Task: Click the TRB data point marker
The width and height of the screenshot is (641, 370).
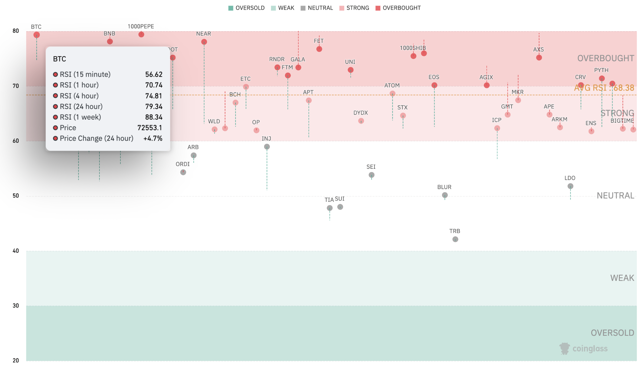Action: (455, 239)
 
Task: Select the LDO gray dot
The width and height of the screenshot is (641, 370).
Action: (570, 186)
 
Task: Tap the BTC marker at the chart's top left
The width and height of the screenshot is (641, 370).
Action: (37, 35)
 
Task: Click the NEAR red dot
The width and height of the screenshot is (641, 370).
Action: (204, 42)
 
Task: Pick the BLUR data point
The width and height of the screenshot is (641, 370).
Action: (445, 195)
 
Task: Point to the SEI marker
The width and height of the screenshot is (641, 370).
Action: (371, 175)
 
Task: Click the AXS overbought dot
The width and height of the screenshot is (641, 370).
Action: (539, 58)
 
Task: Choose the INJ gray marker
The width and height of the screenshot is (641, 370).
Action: (267, 147)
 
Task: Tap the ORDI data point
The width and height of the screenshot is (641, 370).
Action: (183, 172)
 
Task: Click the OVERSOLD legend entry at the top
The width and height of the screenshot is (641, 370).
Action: (247, 8)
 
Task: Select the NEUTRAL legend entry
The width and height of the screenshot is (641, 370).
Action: (317, 8)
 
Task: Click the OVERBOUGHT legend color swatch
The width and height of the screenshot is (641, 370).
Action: (378, 8)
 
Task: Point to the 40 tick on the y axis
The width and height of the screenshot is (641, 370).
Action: (16, 251)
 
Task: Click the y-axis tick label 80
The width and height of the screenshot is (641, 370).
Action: (16, 31)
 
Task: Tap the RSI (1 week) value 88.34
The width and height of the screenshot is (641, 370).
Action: (154, 117)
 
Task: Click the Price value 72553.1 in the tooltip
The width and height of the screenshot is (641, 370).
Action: (150, 128)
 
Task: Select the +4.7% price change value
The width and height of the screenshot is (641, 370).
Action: (153, 138)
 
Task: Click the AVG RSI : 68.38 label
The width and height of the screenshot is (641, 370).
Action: (604, 88)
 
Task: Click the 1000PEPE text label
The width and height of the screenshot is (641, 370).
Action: (141, 27)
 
